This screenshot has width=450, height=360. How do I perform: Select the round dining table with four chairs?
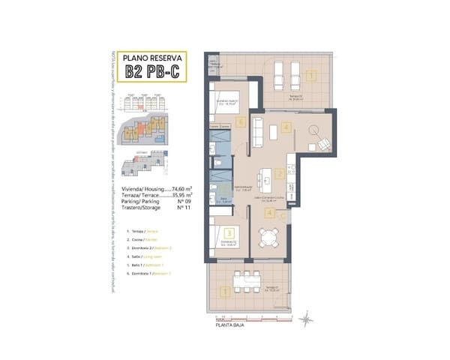click(x=268, y=238)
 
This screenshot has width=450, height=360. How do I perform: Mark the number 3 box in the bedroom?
click(x=218, y=233)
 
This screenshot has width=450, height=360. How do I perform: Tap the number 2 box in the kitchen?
click(x=279, y=174)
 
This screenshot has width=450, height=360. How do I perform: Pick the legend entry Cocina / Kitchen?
click(x=148, y=239)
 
